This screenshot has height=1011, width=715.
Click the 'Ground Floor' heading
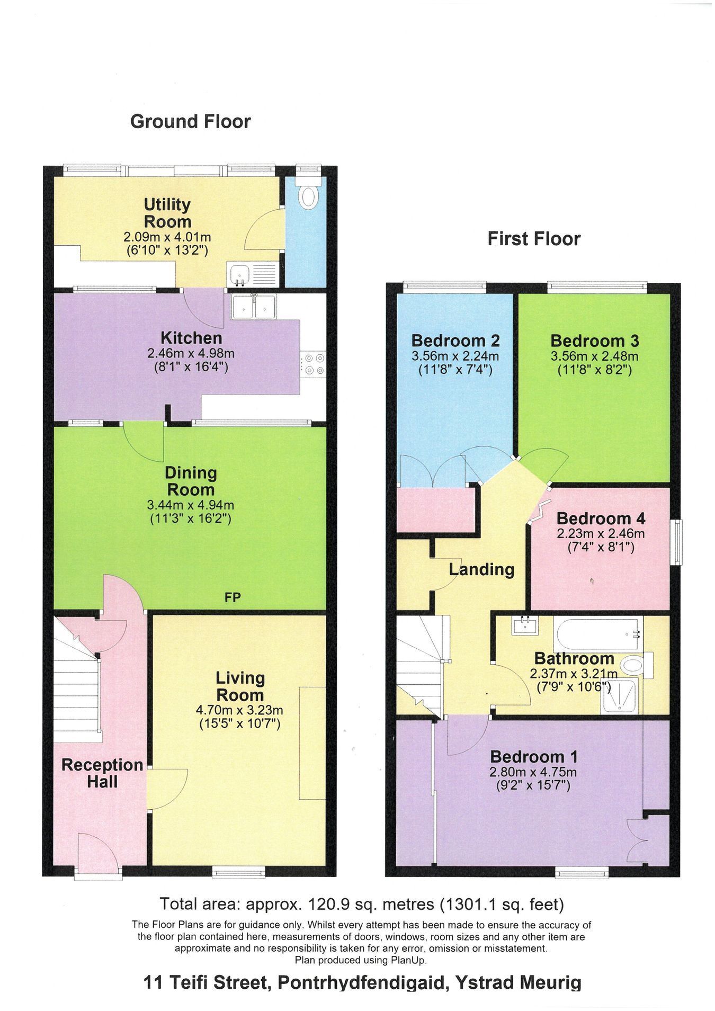pyautogui.click(x=190, y=122)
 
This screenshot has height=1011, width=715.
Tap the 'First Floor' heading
pyautogui.click(x=534, y=239)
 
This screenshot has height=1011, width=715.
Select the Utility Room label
pyautogui.click(x=167, y=213)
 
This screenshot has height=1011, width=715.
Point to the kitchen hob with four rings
pyautogui.click(x=313, y=363)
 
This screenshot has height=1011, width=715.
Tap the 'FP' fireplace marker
pyautogui.click(x=233, y=598)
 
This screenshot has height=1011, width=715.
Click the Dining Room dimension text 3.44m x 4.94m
pyautogui.click(x=190, y=505)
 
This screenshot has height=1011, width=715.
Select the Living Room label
pyautogui.click(x=239, y=686)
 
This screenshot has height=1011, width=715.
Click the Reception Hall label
pyautogui.click(x=102, y=773)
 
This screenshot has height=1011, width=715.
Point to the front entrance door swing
pyautogui.click(x=98, y=853)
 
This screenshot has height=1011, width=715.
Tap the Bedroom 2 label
pyautogui.click(x=455, y=341)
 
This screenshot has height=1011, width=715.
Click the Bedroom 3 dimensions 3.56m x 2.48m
pyautogui.click(x=594, y=356)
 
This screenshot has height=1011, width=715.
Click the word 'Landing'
pyautogui.click(x=482, y=570)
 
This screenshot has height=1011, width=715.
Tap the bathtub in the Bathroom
pyautogui.click(x=598, y=633)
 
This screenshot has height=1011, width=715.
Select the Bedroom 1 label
pyautogui.click(x=534, y=756)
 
